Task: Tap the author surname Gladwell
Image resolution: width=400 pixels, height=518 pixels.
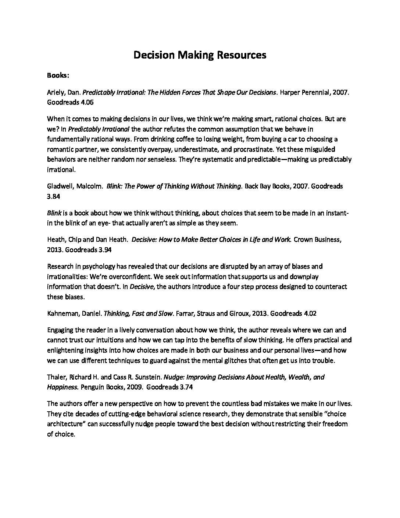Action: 60,186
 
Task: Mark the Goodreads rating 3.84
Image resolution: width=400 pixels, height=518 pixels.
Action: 54,196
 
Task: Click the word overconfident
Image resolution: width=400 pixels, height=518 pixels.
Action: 144,276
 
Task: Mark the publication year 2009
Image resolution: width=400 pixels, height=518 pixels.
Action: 132,387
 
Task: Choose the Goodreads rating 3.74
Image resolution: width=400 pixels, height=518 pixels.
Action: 186,387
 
